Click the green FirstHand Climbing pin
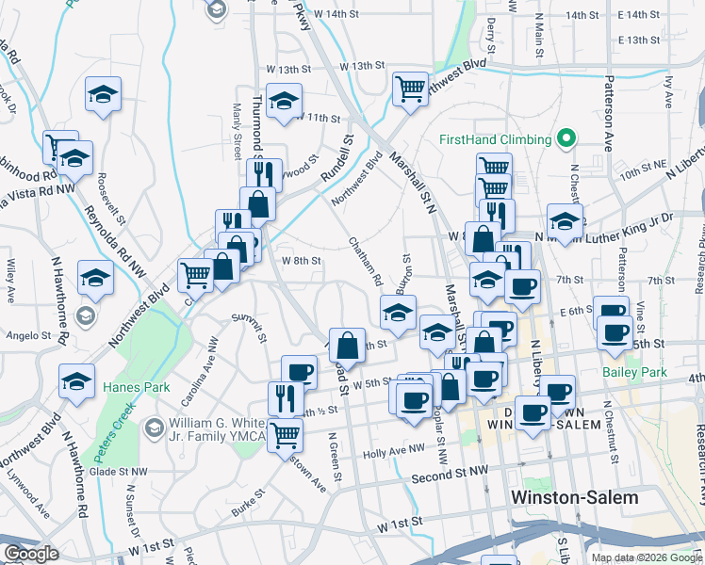coord(566,139)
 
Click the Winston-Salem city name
coord(573,496)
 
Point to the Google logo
coord(30,554)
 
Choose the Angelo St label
coord(28,335)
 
